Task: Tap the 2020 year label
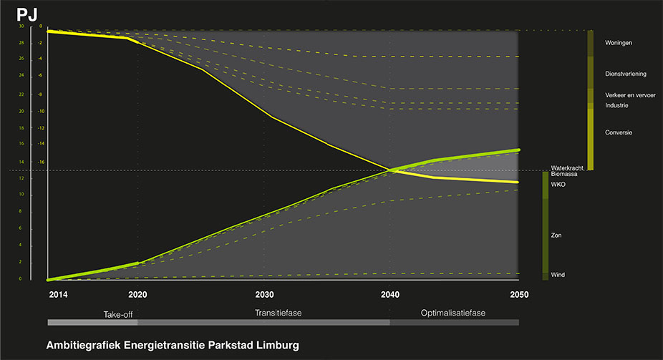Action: point(137,294)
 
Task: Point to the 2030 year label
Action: point(264,294)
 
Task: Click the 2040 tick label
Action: point(390,294)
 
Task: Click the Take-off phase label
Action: point(118,313)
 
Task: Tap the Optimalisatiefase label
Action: point(453,313)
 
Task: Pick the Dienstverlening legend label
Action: point(628,73)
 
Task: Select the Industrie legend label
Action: point(616,105)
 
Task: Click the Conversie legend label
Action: point(619,132)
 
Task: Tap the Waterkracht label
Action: point(567,167)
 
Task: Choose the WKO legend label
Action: point(558,185)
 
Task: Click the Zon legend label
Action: point(556,234)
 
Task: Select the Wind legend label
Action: point(558,274)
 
